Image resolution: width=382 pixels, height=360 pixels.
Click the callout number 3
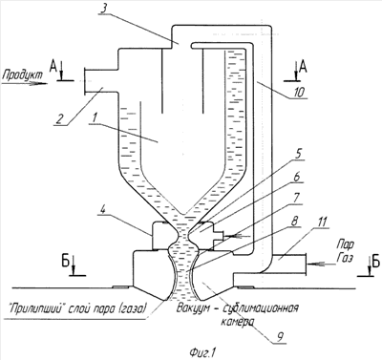tap(104, 9)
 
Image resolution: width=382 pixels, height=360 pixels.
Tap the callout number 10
tap(298, 93)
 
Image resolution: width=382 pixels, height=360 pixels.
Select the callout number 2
tap(61, 119)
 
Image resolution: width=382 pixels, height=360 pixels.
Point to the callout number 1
tap(94, 118)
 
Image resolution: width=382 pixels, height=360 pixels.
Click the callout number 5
tap(299, 156)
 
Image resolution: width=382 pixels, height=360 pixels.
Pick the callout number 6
tap(297, 177)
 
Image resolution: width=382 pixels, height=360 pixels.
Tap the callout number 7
tap(295, 198)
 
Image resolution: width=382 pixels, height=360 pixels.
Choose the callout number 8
tap(294, 221)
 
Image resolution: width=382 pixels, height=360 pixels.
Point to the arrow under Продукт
tap(25, 84)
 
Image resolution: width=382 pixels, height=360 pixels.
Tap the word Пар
tap(346, 245)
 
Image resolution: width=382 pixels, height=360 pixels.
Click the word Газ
tap(345, 257)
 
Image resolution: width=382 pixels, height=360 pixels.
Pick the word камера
tap(237, 322)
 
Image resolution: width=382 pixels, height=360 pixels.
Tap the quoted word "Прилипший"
tap(34, 308)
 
